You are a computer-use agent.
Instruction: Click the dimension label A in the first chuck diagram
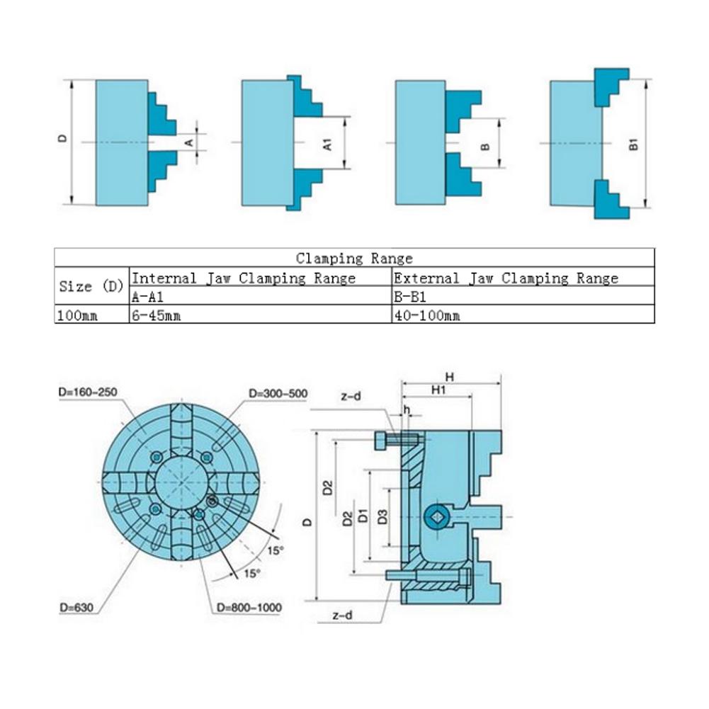[x=188, y=142]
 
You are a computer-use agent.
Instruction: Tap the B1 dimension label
[x=635, y=144]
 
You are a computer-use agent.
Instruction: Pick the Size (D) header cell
[x=91, y=287]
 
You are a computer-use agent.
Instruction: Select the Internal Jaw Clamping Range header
[x=244, y=278]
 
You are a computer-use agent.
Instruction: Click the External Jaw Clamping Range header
[x=506, y=278]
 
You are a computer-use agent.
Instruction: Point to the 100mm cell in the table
[x=78, y=316]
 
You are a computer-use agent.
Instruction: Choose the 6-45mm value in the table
[x=157, y=316]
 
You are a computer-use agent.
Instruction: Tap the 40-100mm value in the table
[x=426, y=316]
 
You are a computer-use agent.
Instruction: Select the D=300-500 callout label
[x=278, y=393]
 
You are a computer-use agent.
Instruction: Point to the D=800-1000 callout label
[x=249, y=608]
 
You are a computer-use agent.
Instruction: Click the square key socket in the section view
[x=438, y=518]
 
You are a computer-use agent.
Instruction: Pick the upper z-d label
[x=350, y=397]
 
